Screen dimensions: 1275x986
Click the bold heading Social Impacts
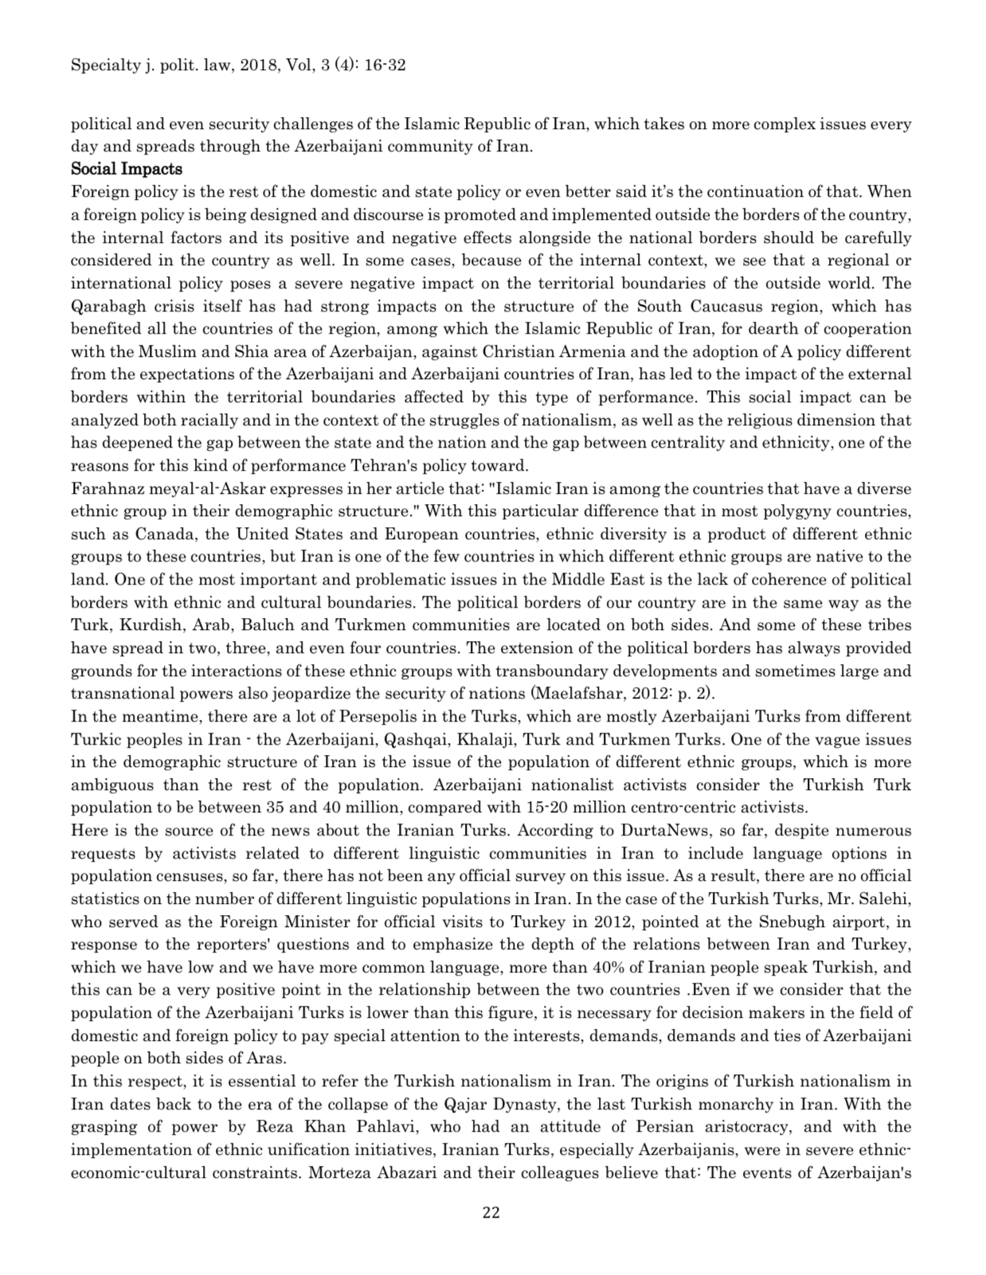click(x=127, y=169)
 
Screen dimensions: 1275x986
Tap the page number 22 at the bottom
click(x=491, y=1213)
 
